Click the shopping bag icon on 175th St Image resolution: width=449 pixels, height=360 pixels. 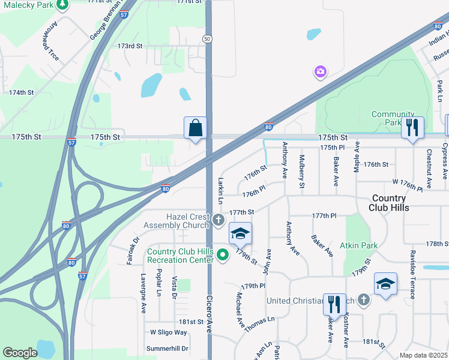(196, 128)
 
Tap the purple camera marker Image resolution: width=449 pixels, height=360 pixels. (320, 72)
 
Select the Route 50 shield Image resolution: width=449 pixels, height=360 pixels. (207, 38)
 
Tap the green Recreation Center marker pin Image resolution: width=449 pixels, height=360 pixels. (223, 256)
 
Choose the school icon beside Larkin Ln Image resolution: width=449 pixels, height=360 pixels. (240, 233)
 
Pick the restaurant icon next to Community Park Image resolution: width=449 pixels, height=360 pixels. (412, 128)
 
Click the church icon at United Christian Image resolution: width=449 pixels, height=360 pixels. (363, 300)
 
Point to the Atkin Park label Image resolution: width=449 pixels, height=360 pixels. (358, 245)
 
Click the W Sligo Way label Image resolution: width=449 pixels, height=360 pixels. (169, 332)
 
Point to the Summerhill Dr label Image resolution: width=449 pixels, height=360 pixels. (167, 348)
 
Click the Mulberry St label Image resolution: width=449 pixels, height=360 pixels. (302, 171)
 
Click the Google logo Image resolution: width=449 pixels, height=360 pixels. (20, 352)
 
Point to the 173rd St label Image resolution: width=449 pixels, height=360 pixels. (130, 46)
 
